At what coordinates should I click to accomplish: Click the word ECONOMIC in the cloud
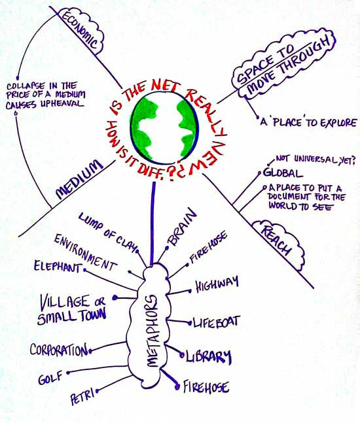(80, 30)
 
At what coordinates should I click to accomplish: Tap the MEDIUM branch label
(79, 179)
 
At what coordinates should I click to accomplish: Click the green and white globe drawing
(164, 129)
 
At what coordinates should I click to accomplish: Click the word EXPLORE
(338, 123)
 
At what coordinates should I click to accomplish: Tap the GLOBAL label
(283, 173)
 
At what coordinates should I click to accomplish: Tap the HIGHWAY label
(217, 284)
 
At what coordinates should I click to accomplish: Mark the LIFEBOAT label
(216, 322)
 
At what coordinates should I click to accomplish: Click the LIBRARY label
(209, 356)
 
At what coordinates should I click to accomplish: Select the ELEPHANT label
(57, 267)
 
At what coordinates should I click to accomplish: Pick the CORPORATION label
(59, 350)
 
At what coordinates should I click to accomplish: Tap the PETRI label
(82, 396)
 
